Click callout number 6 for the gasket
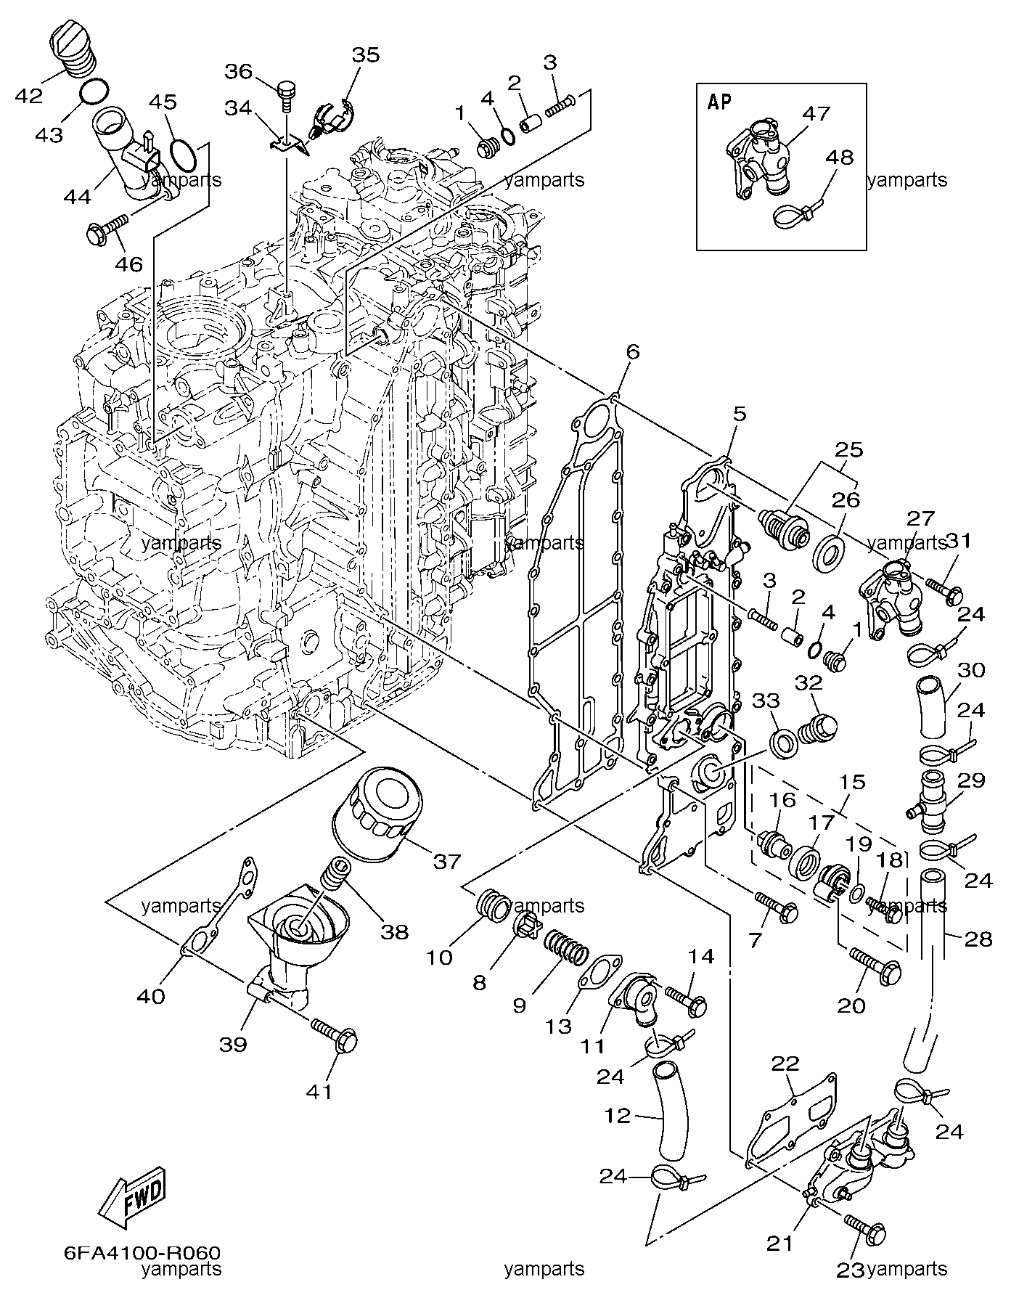coord(633,352)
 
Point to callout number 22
coord(785,1064)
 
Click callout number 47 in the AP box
coord(816,114)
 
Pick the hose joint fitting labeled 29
coord(931,798)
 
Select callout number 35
coord(366,55)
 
